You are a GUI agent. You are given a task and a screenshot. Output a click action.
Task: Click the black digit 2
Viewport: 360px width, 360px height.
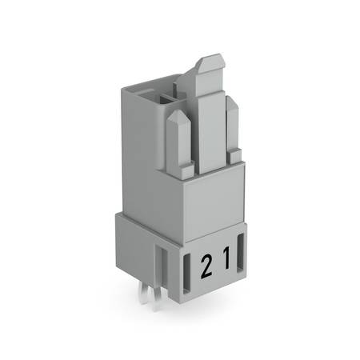click(206, 266)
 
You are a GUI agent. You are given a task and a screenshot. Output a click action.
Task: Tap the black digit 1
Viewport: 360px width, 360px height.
click(226, 258)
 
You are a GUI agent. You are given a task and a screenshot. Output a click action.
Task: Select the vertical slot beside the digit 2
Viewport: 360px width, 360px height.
click(186, 274)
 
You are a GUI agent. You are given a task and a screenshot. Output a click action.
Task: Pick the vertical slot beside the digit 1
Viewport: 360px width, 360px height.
click(240, 253)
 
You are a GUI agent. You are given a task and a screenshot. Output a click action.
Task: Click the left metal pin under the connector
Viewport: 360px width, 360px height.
click(145, 294)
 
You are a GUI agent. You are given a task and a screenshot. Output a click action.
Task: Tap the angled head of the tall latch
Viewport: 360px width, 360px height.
click(210, 63)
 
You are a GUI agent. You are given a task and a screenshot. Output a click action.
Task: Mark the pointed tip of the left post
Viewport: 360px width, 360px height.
click(177, 110)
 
